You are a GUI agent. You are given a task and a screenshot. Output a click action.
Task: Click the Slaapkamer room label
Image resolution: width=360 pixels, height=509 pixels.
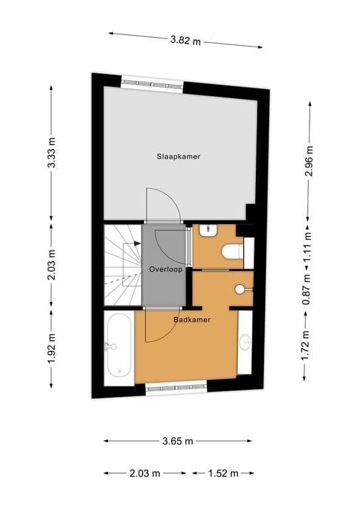[x=178, y=156]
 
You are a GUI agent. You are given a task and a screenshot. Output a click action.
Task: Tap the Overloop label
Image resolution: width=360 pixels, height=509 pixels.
[x=165, y=270]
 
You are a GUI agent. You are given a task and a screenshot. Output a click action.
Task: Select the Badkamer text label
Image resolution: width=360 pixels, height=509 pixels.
[x=192, y=319]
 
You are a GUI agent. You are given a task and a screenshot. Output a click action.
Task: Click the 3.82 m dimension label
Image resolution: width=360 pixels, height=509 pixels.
[x=186, y=40]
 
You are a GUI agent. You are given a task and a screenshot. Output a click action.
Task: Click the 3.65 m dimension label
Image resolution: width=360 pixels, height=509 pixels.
[x=178, y=441]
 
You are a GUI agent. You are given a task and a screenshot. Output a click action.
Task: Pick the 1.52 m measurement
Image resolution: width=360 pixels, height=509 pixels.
[x=222, y=473]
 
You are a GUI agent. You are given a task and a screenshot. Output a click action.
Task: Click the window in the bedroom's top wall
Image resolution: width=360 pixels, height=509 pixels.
[x=152, y=84]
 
